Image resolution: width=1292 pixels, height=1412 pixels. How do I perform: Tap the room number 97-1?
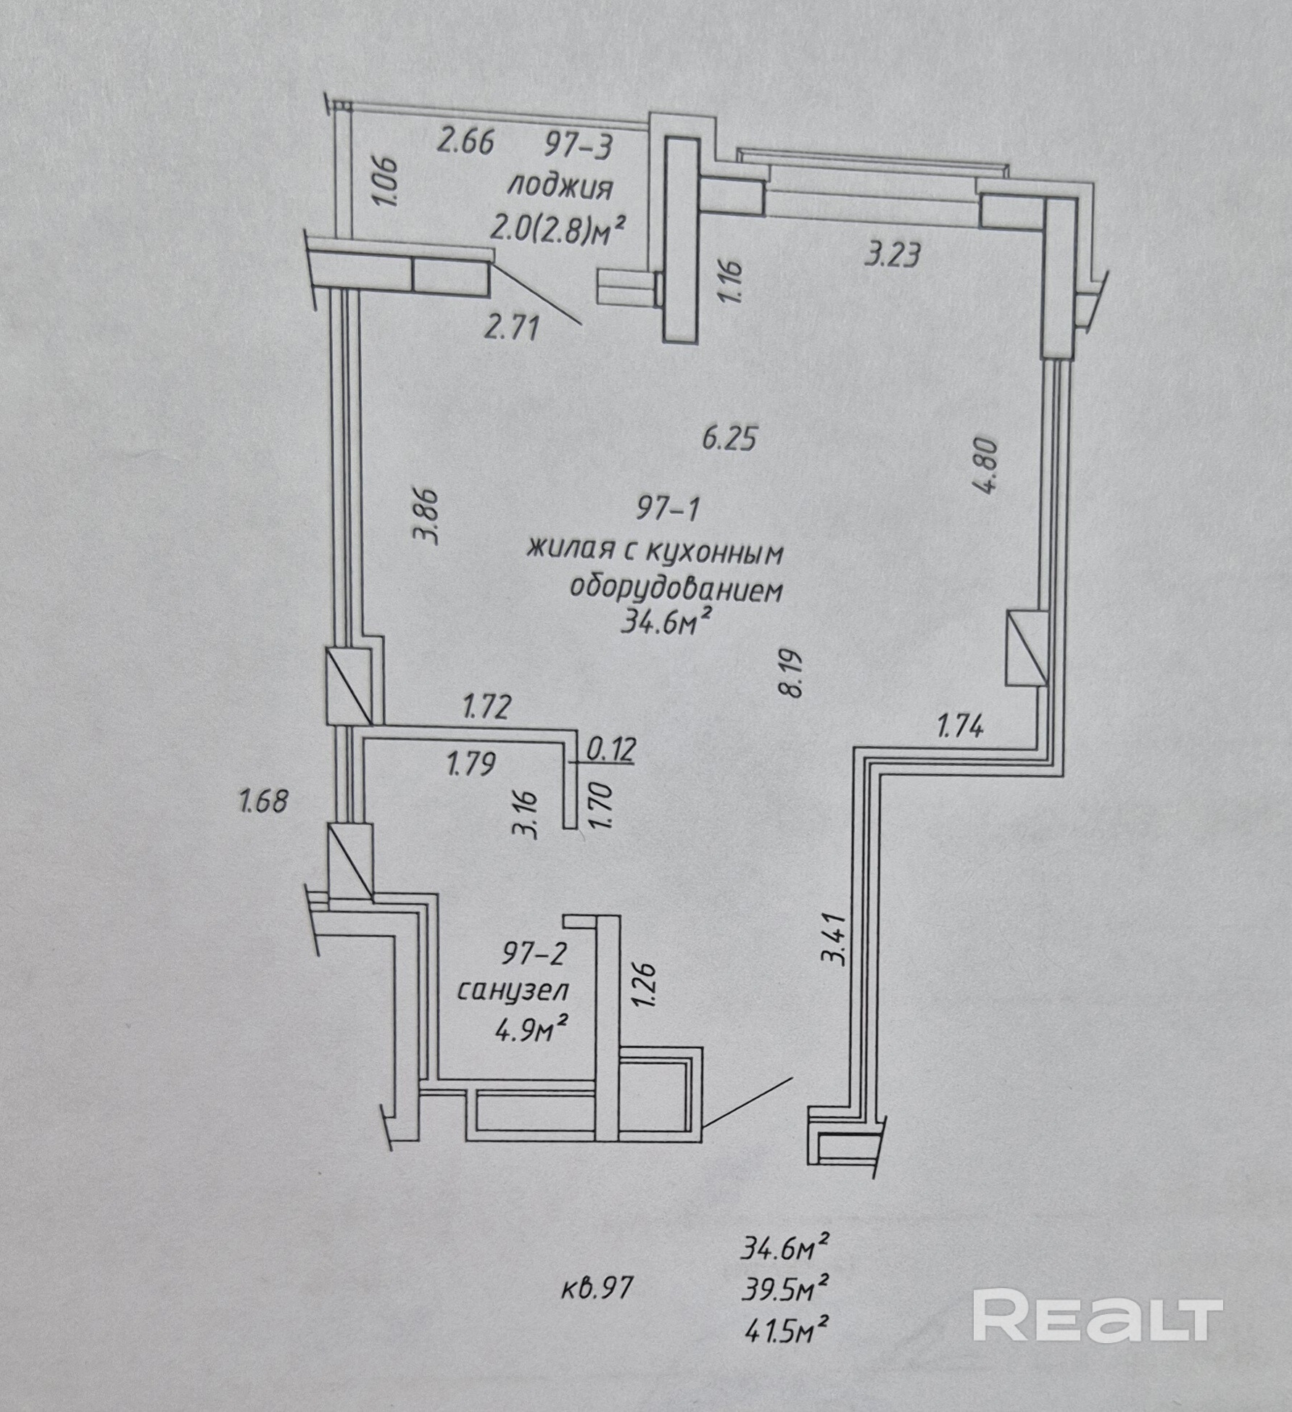pos(668,510)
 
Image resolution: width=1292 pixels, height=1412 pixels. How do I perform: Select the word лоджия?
pos(559,188)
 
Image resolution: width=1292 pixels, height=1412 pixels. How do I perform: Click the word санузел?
pos(513,990)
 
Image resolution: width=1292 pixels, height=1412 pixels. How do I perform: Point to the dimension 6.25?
pos(730,439)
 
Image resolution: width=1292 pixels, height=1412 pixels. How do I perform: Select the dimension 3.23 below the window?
pos(893,255)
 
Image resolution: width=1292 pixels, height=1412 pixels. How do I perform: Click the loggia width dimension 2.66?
pos(465,141)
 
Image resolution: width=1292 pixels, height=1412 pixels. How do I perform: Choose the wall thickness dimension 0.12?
pos(610,749)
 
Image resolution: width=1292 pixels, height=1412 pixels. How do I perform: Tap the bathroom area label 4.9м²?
pos(530,1029)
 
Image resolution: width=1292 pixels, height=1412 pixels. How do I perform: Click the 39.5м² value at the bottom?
pos(786,1288)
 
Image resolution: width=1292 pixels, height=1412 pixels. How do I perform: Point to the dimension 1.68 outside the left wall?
pos(263,801)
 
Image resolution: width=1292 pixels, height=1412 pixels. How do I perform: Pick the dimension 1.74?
pos(961,725)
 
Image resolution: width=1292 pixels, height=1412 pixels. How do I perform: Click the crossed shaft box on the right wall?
pos(1027,648)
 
